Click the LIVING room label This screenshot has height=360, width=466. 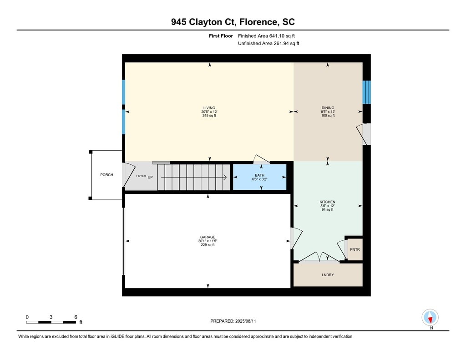pos(209,108)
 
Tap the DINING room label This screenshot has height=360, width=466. pos(328,108)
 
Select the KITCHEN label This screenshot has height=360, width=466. pos(328,202)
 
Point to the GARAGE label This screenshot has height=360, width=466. pos(208,237)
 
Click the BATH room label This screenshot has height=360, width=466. pos(259,175)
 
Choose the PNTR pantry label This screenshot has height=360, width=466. pos(355,249)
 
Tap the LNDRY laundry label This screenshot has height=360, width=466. pos(328,275)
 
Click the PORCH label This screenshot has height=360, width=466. pos(106,175)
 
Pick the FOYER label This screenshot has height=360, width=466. pos(141,176)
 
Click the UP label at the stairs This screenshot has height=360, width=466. pos(150,177)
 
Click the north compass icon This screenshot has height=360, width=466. pos(430,317)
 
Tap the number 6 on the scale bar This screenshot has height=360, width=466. pos(76,317)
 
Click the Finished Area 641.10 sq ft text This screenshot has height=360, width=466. pos(266,36)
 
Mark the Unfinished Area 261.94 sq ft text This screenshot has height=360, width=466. pos(268,43)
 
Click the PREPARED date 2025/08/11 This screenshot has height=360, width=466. pos(245,321)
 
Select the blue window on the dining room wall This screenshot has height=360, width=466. pos(367,92)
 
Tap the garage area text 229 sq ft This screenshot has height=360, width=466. pos(208,245)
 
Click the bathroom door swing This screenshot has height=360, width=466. pos(261,159)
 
